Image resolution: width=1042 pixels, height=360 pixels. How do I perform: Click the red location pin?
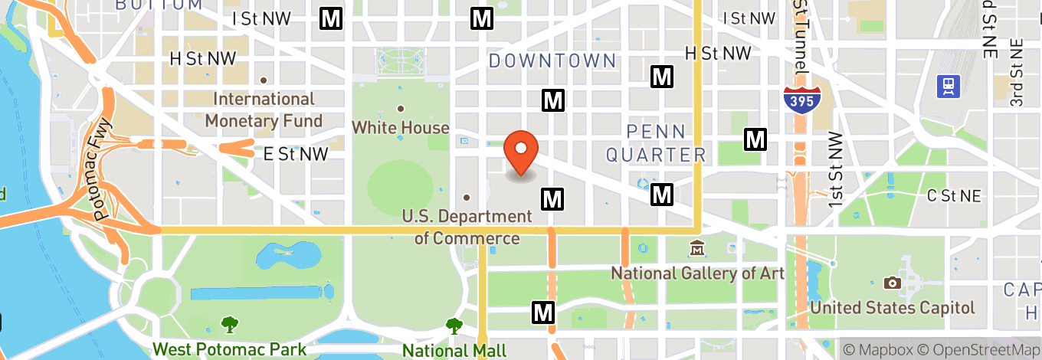pyautogui.click(x=521, y=152)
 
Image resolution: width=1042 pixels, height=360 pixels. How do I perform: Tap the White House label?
pyautogui.click(x=400, y=128)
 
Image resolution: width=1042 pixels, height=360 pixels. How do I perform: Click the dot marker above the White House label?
pyautogui.click(x=400, y=109)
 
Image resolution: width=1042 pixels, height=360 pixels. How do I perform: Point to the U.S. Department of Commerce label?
pyautogui.click(x=467, y=227)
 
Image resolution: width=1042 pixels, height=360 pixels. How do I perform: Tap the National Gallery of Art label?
pyautogui.click(x=697, y=273)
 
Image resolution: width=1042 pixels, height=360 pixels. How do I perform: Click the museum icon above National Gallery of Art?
pyautogui.click(x=697, y=250)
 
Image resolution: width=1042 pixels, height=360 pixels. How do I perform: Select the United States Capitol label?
pyautogui.click(x=892, y=308)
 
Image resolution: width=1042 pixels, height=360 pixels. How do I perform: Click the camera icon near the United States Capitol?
pyautogui.click(x=892, y=283)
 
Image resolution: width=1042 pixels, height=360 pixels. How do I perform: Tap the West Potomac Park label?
pyautogui.click(x=229, y=350)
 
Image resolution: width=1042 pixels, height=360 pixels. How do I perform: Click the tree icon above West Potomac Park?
pyautogui.click(x=229, y=325)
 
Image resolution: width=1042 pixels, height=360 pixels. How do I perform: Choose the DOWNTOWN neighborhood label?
pyautogui.click(x=552, y=61)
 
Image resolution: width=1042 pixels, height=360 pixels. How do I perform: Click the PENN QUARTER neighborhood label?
pyautogui.click(x=655, y=143)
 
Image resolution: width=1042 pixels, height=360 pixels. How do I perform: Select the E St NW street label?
pyautogui.click(x=295, y=154)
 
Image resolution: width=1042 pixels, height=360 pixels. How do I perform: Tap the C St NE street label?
pyautogui.click(x=953, y=196)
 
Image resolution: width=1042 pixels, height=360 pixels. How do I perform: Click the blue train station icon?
pyautogui.click(x=949, y=86)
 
